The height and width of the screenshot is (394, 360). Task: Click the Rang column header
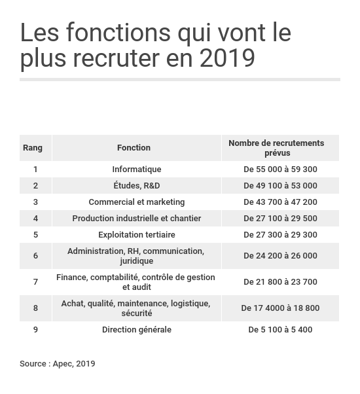tap(33, 148)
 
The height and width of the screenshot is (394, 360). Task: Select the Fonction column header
tap(134, 148)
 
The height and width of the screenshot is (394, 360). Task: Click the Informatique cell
tap(136, 169)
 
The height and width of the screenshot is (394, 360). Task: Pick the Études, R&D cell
tap(136, 185)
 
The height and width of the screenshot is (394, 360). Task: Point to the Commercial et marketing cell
tap(136, 202)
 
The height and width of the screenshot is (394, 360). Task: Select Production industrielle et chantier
tap(136, 218)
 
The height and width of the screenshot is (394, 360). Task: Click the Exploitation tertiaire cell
tap(136, 234)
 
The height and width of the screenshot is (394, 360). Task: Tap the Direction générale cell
tap(136, 329)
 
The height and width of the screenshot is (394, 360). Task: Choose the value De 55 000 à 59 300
tap(280, 169)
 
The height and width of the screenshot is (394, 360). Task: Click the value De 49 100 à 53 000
tap(280, 185)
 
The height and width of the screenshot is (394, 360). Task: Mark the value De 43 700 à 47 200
tap(280, 202)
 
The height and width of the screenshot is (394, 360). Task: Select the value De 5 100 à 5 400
tap(280, 329)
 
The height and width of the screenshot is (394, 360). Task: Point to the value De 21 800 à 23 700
tap(280, 281)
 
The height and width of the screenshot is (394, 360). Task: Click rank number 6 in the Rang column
tap(35, 255)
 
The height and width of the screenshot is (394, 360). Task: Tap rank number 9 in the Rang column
tap(35, 329)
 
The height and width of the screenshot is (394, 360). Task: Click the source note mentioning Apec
tap(58, 363)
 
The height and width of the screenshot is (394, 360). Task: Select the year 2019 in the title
tap(227, 58)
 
